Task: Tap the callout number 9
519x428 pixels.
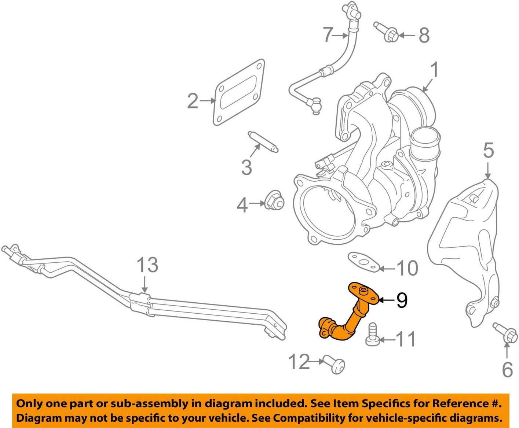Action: (402, 300)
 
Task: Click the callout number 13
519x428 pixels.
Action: (147, 265)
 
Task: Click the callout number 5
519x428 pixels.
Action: (488, 151)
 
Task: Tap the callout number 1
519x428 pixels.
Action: (435, 70)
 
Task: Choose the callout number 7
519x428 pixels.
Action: (328, 35)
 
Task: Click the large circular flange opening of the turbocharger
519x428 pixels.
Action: (327, 214)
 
